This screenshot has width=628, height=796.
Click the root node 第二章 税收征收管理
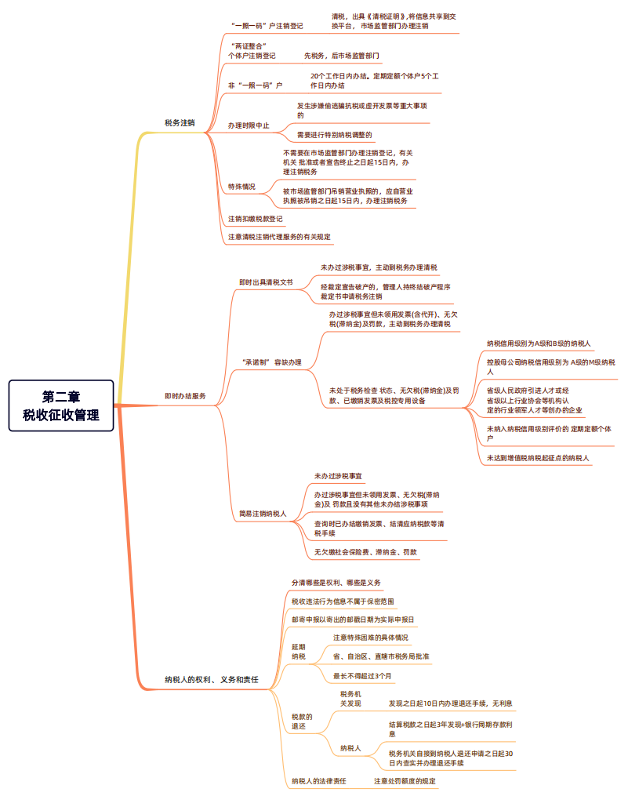(x=60, y=405)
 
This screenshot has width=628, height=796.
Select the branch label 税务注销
(x=180, y=123)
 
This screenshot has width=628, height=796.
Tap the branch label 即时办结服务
(x=185, y=397)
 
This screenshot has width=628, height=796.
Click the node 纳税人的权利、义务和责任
(x=211, y=679)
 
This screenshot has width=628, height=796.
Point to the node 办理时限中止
(x=248, y=125)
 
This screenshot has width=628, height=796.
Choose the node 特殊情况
(x=241, y=187)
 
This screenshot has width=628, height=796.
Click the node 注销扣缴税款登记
(x=256, y=219)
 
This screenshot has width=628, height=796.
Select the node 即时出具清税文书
(x=266, y=282)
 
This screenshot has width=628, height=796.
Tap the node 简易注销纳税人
(x=263, y=514)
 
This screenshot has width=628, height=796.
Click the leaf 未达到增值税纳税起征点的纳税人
(x=538, y=457)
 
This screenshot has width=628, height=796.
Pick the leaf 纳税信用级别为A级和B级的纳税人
(x=539, y=343)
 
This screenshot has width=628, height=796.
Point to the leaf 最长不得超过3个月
(x=362, y=675)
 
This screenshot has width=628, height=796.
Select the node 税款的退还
(x=302, y=721)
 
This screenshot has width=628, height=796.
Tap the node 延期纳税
(x=299, y=651)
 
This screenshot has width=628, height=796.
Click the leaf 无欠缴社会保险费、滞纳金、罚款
(x=365, y=552)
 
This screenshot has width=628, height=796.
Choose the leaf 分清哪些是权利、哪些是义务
(x=336, y=583)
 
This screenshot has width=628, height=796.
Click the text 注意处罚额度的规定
(x=405, y=781)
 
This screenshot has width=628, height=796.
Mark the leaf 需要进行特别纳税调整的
(x=335, y=135)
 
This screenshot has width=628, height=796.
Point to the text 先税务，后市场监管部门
(x=342, y=56)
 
